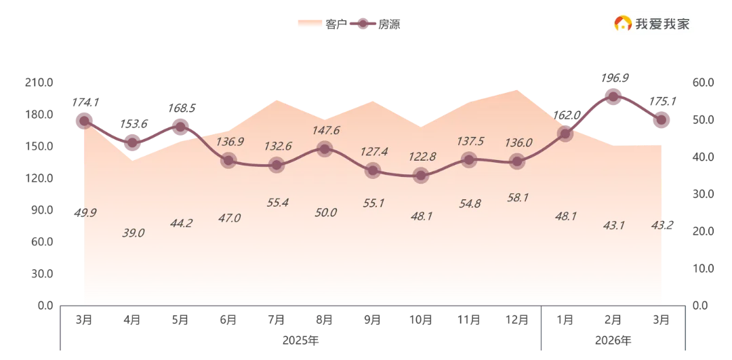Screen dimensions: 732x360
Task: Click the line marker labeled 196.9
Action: pos(613,97)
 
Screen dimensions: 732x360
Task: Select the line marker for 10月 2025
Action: pos(421,176)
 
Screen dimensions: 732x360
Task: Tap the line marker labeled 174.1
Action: pos(84,121)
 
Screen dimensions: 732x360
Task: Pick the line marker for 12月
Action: pos(516,161)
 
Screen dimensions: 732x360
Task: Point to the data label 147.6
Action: pos(325,130)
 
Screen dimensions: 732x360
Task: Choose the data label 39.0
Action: pos(133,233)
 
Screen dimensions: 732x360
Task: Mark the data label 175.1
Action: pos(662,101)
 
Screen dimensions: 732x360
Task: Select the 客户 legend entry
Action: pos(322,24)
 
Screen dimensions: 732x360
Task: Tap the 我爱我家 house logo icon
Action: pos(622,23)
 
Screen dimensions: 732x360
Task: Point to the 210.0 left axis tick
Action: pos(39,83)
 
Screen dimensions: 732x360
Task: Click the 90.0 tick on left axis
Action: pos(41,210)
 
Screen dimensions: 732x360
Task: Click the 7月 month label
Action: pos(277,320)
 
